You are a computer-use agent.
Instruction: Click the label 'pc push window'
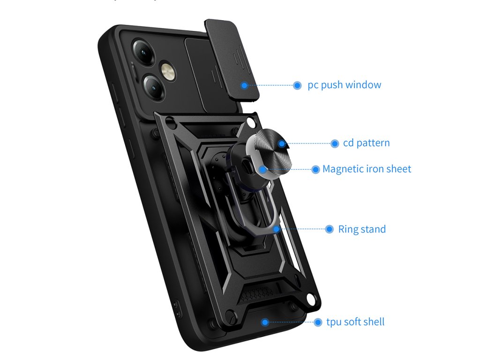pos(344,85)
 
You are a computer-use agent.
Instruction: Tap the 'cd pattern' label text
pos(366,143)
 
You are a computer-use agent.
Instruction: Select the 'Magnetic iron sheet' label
pos(367,169)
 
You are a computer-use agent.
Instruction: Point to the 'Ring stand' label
pos(362,229)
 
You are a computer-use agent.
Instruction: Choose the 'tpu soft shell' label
pos(355,322)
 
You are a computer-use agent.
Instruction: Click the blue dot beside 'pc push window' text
pos(297,85)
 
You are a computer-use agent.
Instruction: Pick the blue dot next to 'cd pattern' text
pos(335,143)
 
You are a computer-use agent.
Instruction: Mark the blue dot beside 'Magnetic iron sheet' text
pos(315,170)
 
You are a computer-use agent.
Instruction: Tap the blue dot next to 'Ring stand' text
pos(329,229)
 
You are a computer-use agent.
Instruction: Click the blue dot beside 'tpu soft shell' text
pos(318,322)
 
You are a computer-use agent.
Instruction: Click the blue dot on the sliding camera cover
pos(244,85)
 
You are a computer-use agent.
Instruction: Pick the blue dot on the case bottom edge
pos(265,322)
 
